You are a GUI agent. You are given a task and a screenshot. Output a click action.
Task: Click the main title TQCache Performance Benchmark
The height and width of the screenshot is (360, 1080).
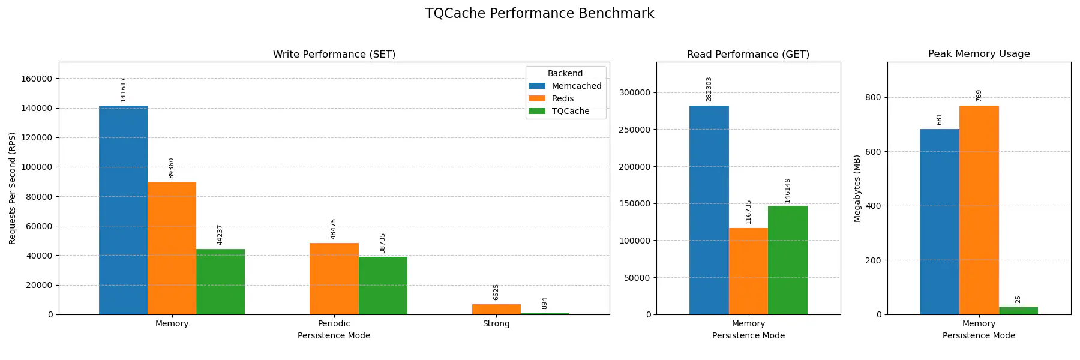point(539,14)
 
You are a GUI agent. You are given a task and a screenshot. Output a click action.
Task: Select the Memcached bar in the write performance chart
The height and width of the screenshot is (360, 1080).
point(123,210)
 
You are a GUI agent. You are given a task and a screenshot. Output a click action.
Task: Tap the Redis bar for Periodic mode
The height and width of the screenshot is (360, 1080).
point(334,278)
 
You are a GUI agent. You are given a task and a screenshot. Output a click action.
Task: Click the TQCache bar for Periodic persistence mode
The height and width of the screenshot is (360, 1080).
point(383,286)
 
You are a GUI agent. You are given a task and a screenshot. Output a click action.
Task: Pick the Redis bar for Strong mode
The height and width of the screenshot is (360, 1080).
point(496,310)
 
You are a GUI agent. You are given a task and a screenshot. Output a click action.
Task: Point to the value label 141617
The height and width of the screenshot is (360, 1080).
point(123,89)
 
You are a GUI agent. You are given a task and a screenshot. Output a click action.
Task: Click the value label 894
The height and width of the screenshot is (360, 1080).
point(544,303)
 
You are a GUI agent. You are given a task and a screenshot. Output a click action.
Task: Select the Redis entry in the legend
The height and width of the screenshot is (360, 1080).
point(562,98)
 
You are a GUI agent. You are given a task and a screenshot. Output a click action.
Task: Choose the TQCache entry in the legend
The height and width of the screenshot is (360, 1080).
point(570,111)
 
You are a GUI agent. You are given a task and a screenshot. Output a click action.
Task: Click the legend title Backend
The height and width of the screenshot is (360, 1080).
point(565,73)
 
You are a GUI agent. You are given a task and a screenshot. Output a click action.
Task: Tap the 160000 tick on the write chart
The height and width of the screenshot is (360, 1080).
point(37,79)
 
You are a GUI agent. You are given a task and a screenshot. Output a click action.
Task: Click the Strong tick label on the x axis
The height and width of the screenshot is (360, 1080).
point(496,323)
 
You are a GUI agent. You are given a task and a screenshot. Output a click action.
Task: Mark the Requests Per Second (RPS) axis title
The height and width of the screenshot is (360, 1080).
point(12,188)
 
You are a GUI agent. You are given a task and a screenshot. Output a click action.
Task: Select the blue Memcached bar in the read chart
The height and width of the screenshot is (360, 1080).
point(709,210)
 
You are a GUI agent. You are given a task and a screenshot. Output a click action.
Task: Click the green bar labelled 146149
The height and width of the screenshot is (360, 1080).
point(787,260)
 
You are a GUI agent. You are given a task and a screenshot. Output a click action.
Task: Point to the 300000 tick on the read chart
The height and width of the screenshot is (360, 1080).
point(634,92)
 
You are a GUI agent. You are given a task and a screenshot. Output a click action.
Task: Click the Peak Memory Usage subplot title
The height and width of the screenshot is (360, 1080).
point(979,54)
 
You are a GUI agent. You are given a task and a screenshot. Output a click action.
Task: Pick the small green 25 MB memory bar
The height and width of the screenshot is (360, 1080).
point(1018,311)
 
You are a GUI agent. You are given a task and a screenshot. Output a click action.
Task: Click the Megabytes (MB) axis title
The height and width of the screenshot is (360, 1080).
point(857,188)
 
